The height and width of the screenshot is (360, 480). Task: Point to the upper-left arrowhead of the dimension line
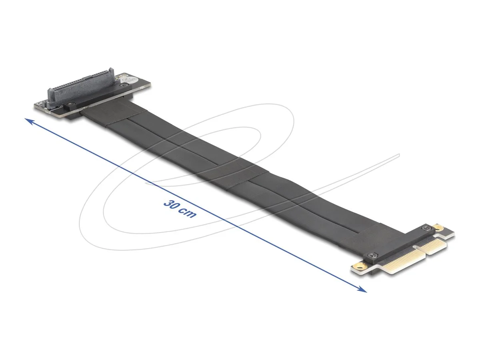point(28,120)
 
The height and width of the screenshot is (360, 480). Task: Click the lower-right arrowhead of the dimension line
point(363,290)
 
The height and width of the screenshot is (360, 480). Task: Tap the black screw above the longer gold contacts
point(373,255)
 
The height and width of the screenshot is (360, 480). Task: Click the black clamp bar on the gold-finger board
point(400,242)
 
